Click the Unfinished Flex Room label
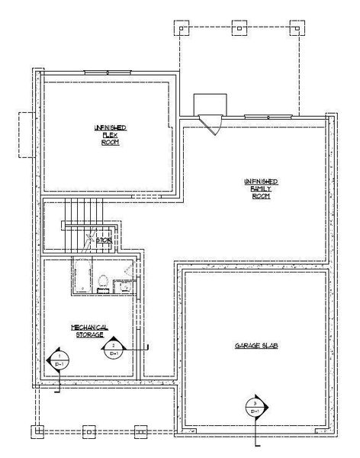(111, 134)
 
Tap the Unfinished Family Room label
(260, 188)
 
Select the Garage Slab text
(255, 346)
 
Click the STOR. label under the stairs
(104, 240)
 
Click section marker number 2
(113, 350)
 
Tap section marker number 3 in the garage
(255, 408)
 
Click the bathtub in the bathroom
(83, 275)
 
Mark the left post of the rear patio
(183, 31)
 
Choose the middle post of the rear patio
(239, 31)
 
